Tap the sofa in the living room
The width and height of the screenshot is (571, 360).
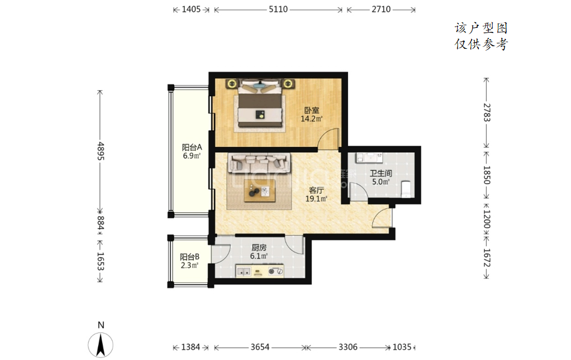[259, 163]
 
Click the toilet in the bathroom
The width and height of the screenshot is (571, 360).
[407, 188]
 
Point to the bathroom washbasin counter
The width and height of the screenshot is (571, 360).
[370, 157]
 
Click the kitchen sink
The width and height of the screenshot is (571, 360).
[243, 271]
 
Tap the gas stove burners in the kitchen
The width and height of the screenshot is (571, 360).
[276, 271]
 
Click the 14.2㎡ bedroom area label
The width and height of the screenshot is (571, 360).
[311, 119]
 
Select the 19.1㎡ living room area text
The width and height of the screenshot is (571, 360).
[316, 199]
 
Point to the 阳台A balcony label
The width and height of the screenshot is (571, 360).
[192, 147]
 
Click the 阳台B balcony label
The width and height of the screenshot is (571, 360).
[189, 256]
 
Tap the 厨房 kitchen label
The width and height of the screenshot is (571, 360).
[259, 247]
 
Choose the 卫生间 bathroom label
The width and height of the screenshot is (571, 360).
[381, 173]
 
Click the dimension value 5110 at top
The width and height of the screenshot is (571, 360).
[278, 10]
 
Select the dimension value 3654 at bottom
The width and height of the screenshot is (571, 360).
[260, 347]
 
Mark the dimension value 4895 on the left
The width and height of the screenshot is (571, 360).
[101, 151]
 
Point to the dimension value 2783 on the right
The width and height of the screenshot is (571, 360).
[487, 113]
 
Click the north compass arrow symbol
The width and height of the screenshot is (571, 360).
[101, 345]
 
